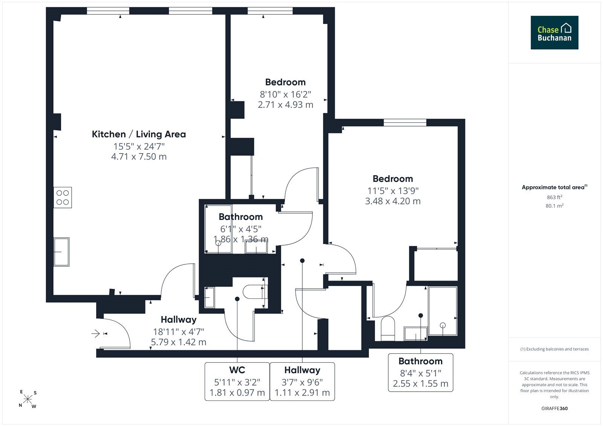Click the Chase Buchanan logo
554,32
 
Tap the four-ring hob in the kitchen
63,197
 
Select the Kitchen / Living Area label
139,134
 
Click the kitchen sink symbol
61,252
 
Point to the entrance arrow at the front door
96,334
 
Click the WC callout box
237,381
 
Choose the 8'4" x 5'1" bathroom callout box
421,373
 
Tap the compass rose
28,399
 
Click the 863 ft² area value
554,197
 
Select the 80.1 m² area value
554,206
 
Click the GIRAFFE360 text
554,408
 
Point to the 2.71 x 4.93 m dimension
285,104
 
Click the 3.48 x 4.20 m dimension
393,201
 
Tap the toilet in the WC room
255,292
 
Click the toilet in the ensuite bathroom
388,328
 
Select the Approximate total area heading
554,187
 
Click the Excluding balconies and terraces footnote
554,349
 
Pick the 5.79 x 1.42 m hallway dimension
179,342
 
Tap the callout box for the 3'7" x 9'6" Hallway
302,381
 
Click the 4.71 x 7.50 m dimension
139,157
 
